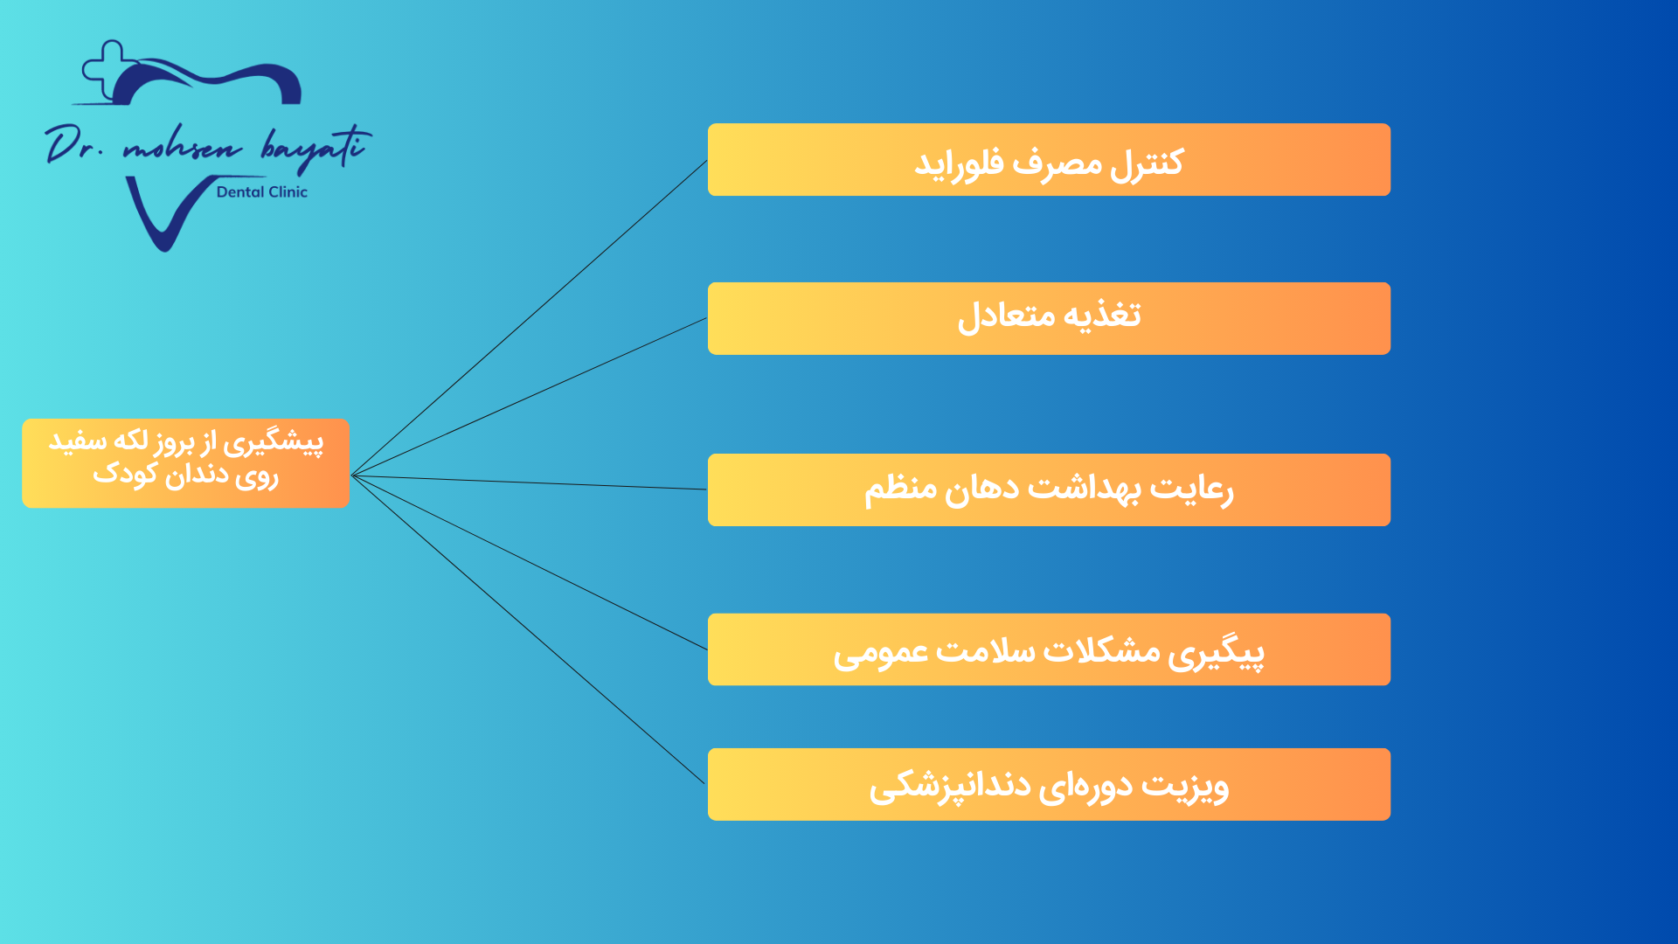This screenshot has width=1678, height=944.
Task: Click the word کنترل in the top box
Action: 1147,163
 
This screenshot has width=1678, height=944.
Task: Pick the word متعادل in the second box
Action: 1006,316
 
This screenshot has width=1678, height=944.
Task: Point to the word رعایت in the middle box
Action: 1191,489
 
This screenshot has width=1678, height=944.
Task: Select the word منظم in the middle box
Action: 901,489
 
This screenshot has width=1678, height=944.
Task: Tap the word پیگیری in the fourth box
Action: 1217,653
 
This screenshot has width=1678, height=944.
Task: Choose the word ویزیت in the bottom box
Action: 1185,786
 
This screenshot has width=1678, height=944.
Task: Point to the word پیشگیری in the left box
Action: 273,443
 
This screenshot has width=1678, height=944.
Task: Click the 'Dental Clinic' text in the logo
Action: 262,192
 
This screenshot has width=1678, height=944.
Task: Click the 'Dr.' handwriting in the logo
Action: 75,144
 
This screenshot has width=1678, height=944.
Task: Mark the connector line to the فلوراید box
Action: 529,318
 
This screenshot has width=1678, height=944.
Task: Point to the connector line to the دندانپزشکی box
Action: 528,630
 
